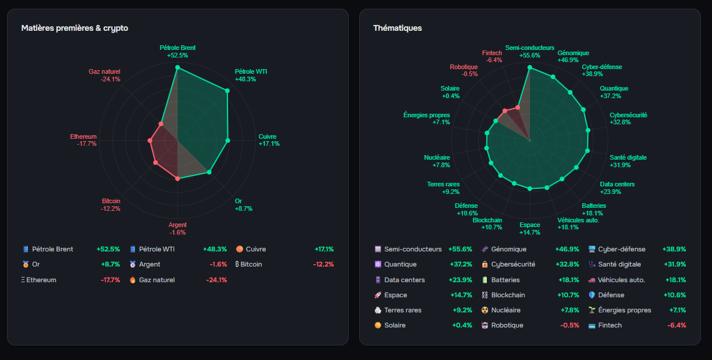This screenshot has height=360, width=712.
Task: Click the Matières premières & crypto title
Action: pos(75,28)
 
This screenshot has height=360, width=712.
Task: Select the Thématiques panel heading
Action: pos(397,28)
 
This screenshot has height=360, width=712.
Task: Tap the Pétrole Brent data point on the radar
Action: pos(178,67)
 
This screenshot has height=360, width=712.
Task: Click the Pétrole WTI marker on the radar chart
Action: pos(227,91)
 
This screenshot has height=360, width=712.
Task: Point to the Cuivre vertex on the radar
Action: pos(227,141)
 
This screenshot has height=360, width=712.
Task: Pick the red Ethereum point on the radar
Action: pos(150,141)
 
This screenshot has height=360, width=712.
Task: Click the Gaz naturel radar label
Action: pos(104,71)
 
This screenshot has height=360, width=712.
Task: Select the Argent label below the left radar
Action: pos(178,225)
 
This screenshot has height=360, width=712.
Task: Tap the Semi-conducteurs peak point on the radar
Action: pos(530,67)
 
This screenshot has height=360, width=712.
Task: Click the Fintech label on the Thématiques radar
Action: pos(491,53)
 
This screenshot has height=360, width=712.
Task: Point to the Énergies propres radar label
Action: pos(427,115)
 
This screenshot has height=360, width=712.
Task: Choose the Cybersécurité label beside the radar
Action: pos(628,115)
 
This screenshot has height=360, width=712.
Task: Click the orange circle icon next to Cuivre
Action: pos(240,249)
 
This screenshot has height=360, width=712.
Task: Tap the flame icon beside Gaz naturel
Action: pos(132,280)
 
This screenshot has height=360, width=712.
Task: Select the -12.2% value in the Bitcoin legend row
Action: pos(323,264)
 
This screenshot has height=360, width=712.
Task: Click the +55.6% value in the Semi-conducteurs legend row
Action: pos(460,249)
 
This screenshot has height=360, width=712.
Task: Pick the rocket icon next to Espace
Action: pos(378,295)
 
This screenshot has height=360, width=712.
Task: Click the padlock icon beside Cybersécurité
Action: pos(485,264)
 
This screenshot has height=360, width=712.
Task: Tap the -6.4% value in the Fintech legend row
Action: pos(677,325)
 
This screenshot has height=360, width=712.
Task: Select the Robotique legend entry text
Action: pos(507,325)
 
